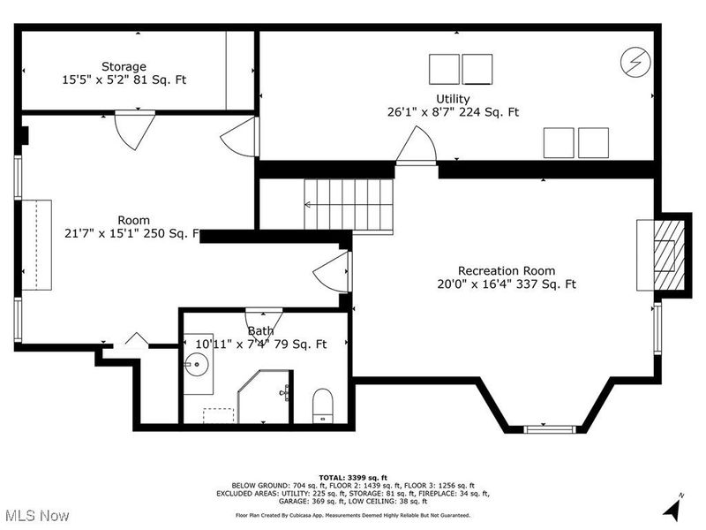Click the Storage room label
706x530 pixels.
pyautogui.click(x=124, y=66)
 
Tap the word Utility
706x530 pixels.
pyautogui.click(x=452, y=99)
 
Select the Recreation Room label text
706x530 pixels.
pyautogui.click(x=506, y=270)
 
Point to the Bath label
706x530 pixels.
pyautogui.click(x=260, y=331)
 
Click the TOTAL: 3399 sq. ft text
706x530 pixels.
pyautogui.click(x=352, y=477)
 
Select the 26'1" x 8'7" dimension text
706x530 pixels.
pyautogui.click(x=452, y=112)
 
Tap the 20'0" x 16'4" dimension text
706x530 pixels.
pyautogui.click(x=506, y=284)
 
